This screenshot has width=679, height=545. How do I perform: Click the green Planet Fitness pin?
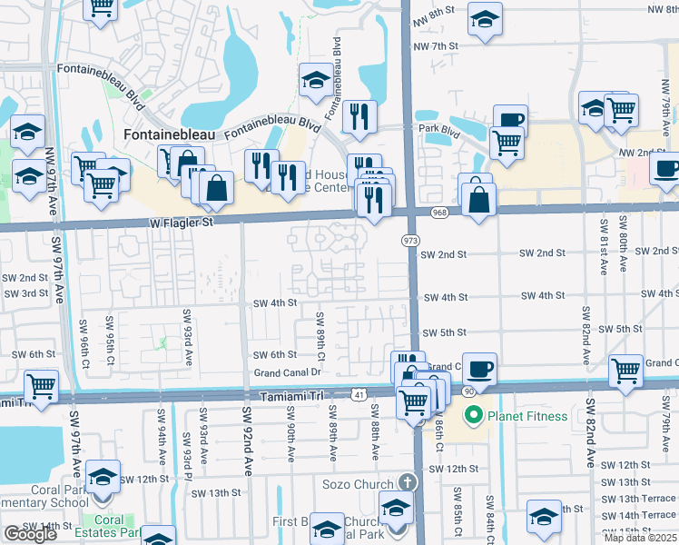coord(472,417)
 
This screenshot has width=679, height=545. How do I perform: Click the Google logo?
coord(30,533)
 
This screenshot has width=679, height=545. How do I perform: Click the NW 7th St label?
coord(437,46)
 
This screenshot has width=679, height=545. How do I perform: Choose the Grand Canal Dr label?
coord(289,372)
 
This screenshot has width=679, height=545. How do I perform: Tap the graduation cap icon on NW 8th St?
coord(486,18)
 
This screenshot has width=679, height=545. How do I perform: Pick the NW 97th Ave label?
coord(51,176)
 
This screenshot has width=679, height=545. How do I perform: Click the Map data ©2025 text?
coord(641,538)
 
